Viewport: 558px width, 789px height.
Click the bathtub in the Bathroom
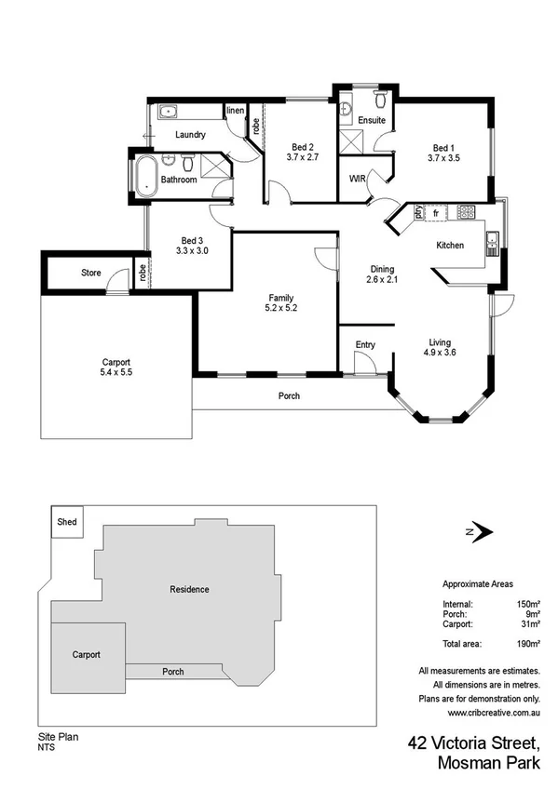[144, 177]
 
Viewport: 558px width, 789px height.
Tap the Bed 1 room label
[443, 147]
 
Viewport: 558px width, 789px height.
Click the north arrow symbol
[481, 531]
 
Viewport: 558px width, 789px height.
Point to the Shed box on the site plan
[67, 523]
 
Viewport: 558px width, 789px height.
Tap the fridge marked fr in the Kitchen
[435, 213]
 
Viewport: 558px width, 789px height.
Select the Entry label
[365, 345]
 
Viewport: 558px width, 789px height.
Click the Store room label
[90, 273]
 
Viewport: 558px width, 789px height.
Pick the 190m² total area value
[529, 643]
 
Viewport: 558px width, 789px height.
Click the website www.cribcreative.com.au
[494, 713]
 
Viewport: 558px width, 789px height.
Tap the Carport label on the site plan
[86, 654]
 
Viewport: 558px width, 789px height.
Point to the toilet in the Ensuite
[381, 99]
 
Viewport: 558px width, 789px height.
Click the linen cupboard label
[235, 111]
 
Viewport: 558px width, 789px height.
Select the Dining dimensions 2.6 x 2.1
[383, 279]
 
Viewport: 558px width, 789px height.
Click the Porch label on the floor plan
[289, 396]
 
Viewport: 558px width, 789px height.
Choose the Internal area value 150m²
[529, 604]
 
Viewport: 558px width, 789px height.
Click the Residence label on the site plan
[189, 589]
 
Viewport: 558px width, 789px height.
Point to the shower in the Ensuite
[351, 140]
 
